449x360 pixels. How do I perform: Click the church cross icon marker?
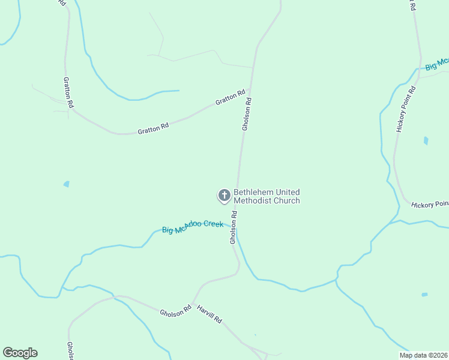[224, 195]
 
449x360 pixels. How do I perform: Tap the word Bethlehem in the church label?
[253, 192]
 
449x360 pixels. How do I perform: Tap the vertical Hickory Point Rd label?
[406, 109]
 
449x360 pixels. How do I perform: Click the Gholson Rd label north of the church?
[246, 114]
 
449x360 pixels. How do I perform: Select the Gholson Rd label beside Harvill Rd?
[175, 311]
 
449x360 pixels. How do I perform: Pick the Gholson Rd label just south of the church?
[233, 227]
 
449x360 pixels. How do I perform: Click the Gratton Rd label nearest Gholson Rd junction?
[231, 97]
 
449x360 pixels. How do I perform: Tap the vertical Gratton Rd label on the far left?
[69, 92]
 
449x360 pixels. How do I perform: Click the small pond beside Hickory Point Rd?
[426, 141]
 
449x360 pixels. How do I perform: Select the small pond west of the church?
[66, 184]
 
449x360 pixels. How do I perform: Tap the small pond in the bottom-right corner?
[424, 295]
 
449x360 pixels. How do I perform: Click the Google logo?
[20, 353]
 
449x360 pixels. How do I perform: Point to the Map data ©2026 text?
[423, 355]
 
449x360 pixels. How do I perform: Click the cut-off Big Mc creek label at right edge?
[436, 64]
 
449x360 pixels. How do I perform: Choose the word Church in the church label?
[286, 200]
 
